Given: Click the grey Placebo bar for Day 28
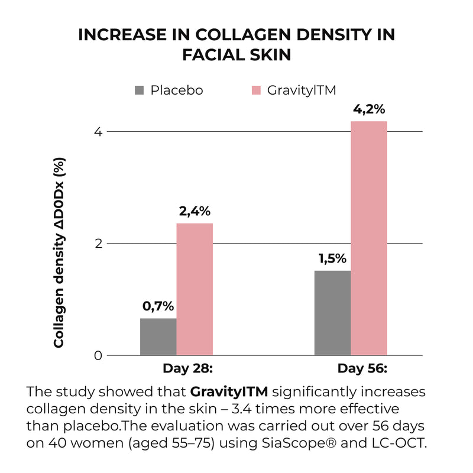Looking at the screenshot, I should tap(158, 337).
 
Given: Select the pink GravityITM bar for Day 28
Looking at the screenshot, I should tap(195, 289).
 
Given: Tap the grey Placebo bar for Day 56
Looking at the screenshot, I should tap(332, 313).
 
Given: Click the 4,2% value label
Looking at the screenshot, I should tap(369, 109).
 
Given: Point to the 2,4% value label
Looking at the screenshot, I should tap(195, 211).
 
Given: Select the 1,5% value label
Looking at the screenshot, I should tap(332, 258).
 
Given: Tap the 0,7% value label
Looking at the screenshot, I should tap(158, 306).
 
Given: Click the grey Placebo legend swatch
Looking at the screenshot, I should tap(140, 90).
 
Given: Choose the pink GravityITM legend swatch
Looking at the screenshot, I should tap(256, 90).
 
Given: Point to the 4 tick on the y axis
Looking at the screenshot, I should tap(99, 132).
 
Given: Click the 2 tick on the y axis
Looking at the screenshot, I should tap(99, 244).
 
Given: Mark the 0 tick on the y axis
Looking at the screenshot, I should tap(99, 356).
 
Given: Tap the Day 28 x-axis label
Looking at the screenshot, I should tap(187, 369).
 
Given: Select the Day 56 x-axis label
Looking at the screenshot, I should tap(362, 369).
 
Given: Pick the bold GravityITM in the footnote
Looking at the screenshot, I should tap(229, 391).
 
